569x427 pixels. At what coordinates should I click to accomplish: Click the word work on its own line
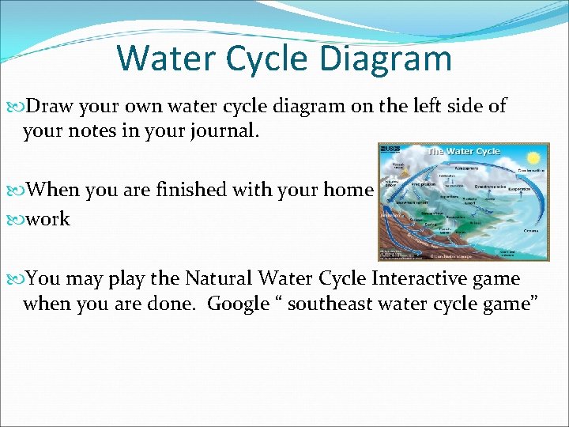click(x=47, y=218)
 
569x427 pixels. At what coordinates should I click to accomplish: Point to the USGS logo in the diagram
click(x=389, y=149)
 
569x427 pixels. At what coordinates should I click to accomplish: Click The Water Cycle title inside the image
click(x=463, y=151)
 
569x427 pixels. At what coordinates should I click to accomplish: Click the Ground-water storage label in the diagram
click(x=452, y=255)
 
